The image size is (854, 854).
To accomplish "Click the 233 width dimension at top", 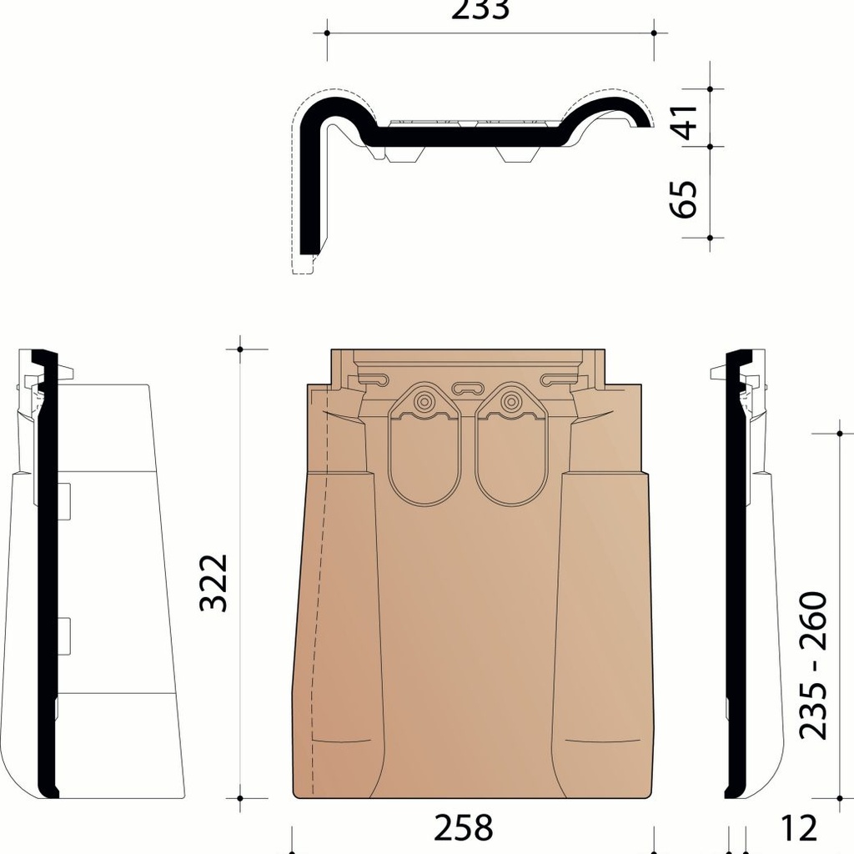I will pos(490,10).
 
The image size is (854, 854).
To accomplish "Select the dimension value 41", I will pos(685,118).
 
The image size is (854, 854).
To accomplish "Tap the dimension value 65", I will pos(685,198).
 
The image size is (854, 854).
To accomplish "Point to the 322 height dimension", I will pos(214,581).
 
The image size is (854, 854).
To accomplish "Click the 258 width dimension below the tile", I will pos(464,828).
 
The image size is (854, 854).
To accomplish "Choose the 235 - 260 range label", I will pos(812,665).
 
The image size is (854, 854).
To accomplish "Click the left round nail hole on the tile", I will pos(424,402).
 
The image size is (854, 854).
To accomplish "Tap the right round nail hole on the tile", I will pos(510,402).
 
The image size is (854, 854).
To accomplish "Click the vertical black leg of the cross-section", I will pos(309,192).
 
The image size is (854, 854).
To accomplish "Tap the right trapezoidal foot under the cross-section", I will pos(518,153).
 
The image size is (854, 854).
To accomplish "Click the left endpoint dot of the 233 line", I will pos(327,33).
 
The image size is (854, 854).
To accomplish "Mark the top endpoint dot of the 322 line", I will pos(240,349).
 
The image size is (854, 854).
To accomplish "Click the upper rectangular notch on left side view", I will pos(64,500).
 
